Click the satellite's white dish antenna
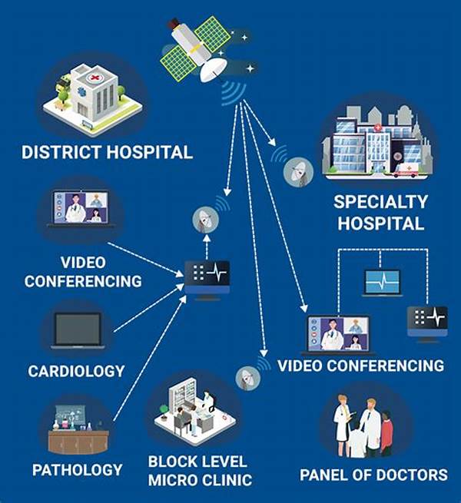[x=212, y=69]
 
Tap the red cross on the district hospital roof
[x=95, y=78]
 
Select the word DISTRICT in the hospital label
[x=61, y=152]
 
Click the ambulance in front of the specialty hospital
[x=406, y=170]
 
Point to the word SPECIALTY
[x=381, y=202]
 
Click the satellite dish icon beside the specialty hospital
[x=298, y=172]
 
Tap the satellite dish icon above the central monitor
[x=205, y=220]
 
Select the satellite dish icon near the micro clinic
[x=248, y=379]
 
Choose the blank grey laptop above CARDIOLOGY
[x=78, y=330]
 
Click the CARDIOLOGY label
[x=76, y=372]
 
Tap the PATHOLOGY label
[x=78, y=470]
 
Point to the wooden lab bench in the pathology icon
[x=78, y=442]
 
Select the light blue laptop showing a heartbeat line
[x=383, y=283]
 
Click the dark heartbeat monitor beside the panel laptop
[x=427, y=324]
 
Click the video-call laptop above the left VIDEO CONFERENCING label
[x=81, y=209]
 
